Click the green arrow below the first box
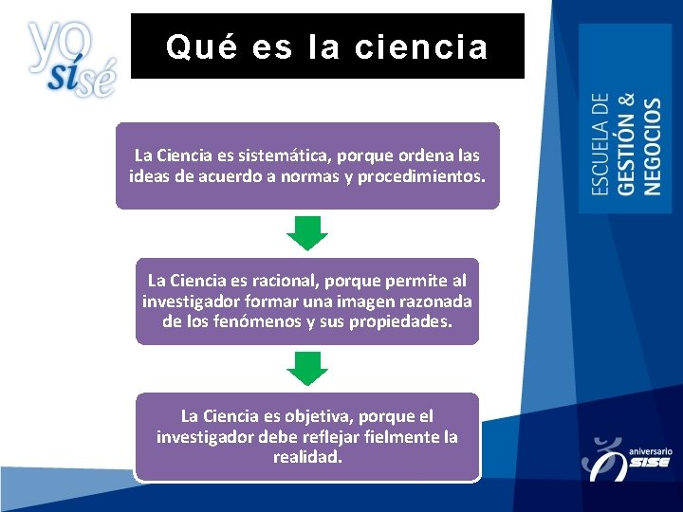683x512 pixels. [306, 232]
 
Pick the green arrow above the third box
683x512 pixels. [306, 367]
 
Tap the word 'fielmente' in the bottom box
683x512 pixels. [391, 436]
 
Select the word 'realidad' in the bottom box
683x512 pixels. [306, 456]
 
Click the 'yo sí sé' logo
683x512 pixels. [71, 59]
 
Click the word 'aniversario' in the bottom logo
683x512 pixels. [650, 452]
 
